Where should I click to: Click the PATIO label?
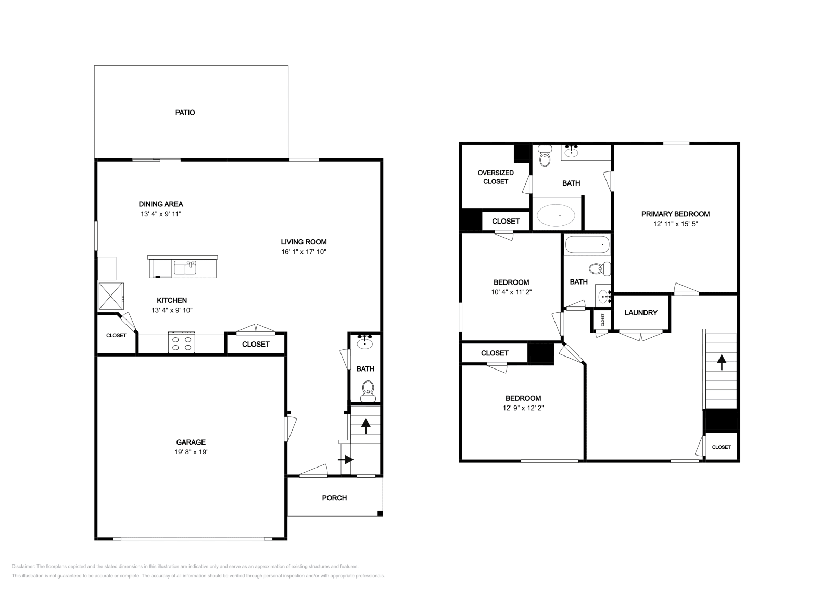(x=185, y=113)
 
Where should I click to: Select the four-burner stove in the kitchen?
(x=181, y=343)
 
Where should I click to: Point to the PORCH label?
(x=334, y=498)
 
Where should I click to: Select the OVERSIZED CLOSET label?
(x=496, y=177)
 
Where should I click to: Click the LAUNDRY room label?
(x=641, y=313)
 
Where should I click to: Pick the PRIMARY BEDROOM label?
(x=675, y=214)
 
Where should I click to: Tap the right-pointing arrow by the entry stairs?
(x=346, y=459)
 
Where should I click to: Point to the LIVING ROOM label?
(x=304, y=242)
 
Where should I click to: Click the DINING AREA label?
(x=161, y=204)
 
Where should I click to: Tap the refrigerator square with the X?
(x=110, y=296)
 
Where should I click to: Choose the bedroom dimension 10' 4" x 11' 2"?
(x=511, y=292)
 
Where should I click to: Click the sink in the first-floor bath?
(x=364, y=342)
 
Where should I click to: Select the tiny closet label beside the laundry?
(x=603, y=320)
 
